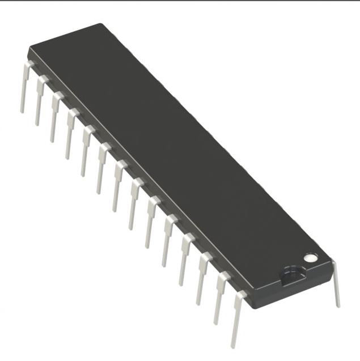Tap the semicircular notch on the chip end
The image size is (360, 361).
[x=292, y=274]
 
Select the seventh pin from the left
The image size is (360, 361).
[x=118, y=184]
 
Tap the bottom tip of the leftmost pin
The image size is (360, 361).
[x=22, y=111]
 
